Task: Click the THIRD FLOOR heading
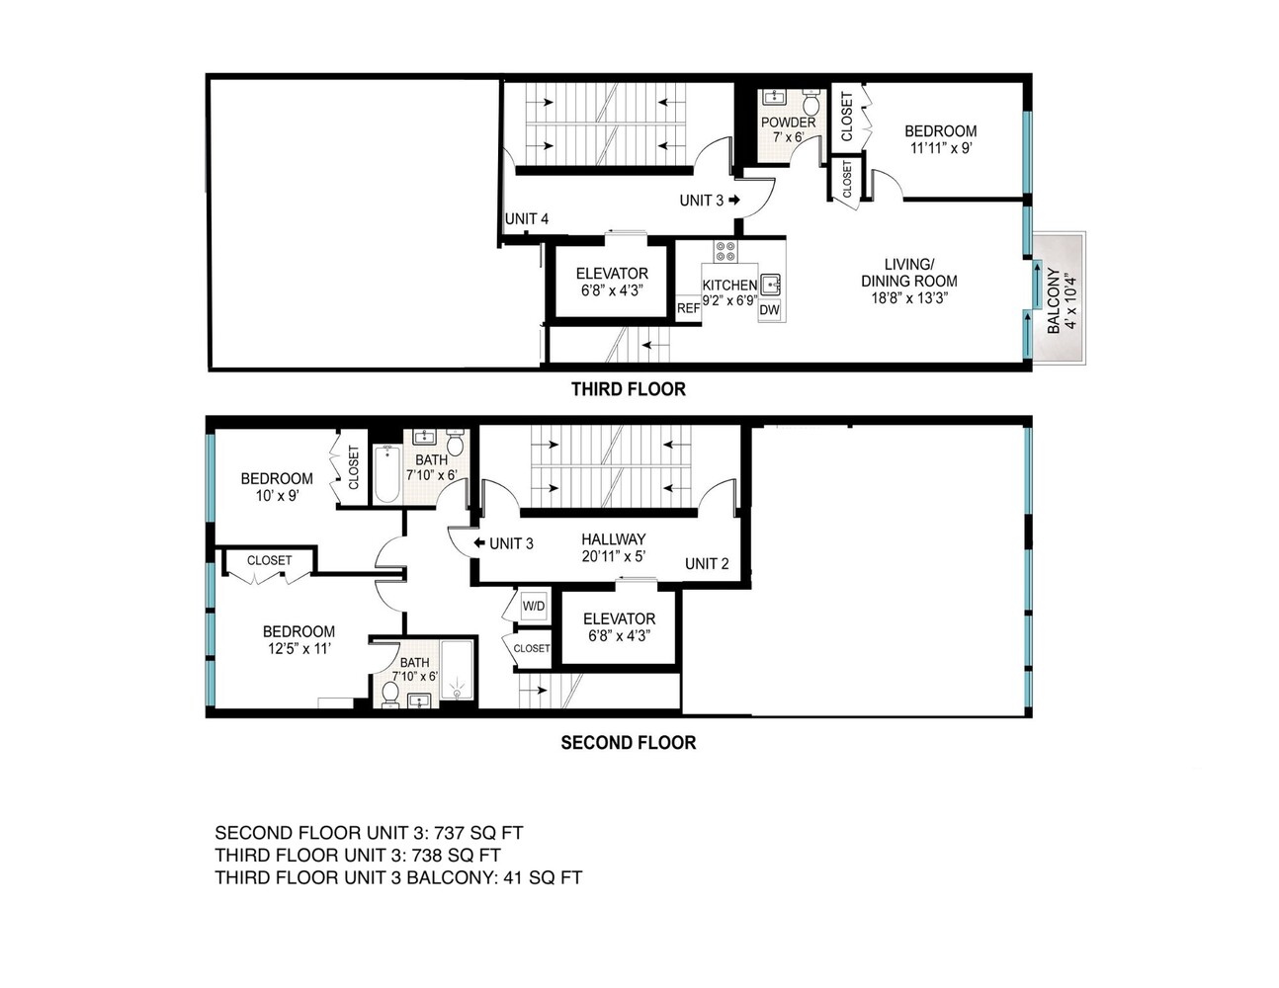(628, 389)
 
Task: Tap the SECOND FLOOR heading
(628, 743)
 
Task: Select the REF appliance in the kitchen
(688, 308)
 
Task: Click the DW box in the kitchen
(769, 310)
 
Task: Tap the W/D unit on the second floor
(534, 607)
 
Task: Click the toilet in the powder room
(811, 103)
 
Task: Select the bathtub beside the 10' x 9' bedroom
(386, 474)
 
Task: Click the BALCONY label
(1054, 300)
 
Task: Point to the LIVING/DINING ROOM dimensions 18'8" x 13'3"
(909, 298)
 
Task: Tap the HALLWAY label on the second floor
(614, 538)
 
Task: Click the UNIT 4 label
(527, 218)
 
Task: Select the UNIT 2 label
(707, 564)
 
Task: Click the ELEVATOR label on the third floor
(612, 274)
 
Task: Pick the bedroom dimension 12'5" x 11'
(298, 649)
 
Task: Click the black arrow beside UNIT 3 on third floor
(734, 200)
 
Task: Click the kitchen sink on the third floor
(770, 285)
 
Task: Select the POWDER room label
(788, 123)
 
